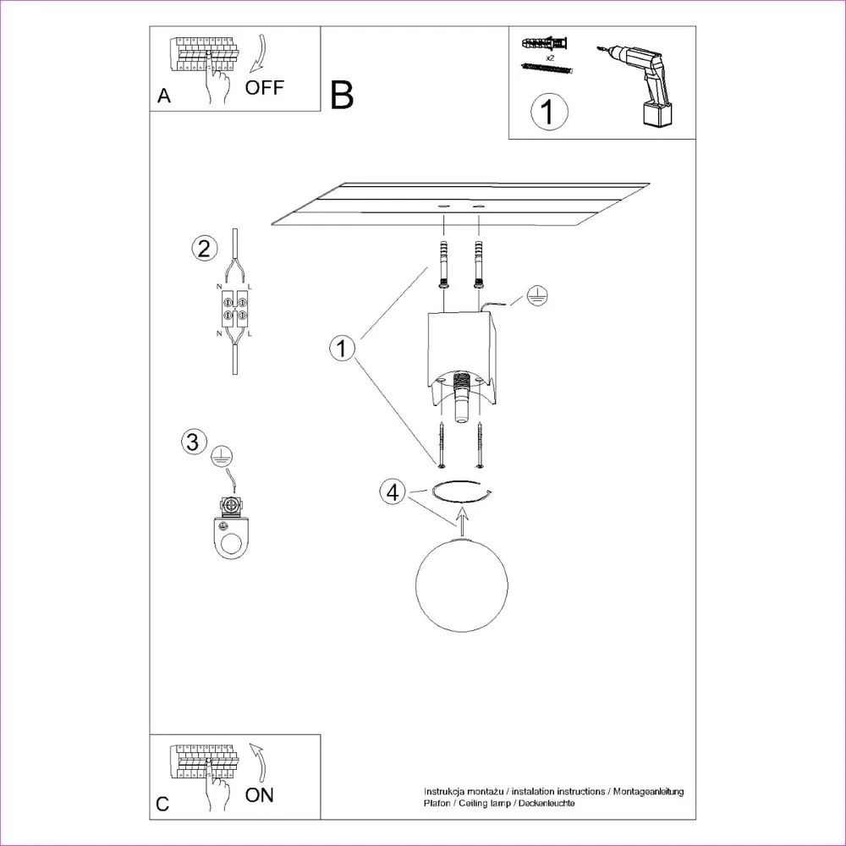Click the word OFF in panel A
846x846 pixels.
click(265, 87)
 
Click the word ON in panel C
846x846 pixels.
click(259, 794)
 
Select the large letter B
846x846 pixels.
click(342, 96)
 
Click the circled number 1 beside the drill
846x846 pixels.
click(549, 112)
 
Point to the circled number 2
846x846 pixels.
click(203, 248)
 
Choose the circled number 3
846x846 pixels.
click(194, 441)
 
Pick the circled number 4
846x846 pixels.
click(392, 492)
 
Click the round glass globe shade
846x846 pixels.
click(462, 585)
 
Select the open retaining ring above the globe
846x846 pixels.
click(461, 491)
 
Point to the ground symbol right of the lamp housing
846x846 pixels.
click(536, 295)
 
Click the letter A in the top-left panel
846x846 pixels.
click(164, 96)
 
